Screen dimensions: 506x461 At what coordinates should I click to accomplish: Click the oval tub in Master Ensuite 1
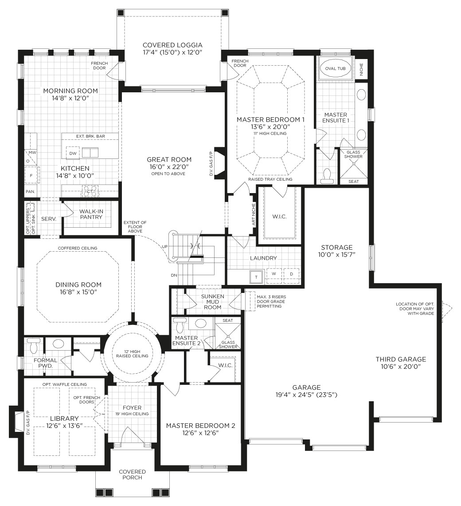[x=335, y=68]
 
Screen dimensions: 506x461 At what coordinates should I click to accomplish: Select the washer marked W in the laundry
[x=274, y=274]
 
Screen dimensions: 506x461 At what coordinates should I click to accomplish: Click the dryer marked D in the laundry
[x=291, y=274]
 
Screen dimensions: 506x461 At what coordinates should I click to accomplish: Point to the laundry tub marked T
[x=256, y=276]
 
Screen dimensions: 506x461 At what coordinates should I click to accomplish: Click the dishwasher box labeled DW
[x=73, y=153]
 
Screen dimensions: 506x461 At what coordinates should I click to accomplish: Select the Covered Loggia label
[x=172, y=45]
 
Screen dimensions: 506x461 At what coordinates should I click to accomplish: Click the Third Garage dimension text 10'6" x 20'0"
[x=401, y=367]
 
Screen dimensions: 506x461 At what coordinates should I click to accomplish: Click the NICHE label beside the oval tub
[x=361, y=68]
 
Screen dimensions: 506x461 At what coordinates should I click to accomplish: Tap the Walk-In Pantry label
[x=91, y=214]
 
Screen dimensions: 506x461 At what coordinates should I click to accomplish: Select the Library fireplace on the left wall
[x=19, y=422]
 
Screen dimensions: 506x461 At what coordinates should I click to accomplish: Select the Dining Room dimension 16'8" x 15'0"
[x=78, y=293]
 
